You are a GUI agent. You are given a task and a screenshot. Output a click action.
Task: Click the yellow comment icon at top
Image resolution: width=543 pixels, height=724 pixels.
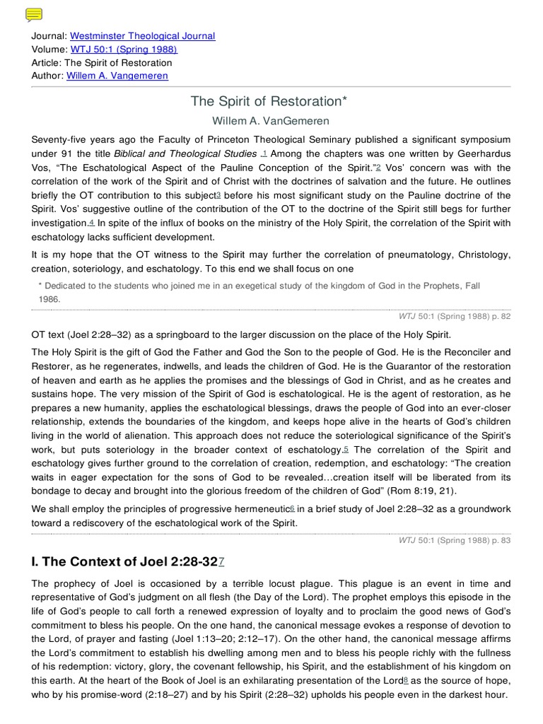(x=33, y=15)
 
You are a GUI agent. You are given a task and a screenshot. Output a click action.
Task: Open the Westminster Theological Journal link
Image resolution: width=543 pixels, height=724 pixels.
(x=142, y=36)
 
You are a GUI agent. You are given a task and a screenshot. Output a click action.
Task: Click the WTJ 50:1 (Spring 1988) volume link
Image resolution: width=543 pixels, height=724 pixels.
(x=123, y=49)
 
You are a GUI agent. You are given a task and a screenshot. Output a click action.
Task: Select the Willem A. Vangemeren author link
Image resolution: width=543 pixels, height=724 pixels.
(x=117, y=76)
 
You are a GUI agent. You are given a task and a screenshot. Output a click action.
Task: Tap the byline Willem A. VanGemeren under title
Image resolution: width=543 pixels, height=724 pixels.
(x=271, y=122)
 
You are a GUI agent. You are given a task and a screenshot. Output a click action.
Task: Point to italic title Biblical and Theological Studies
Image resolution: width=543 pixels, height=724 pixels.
(x=185, y=154)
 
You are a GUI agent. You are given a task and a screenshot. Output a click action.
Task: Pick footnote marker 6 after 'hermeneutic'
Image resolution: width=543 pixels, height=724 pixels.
(x=292, y=509)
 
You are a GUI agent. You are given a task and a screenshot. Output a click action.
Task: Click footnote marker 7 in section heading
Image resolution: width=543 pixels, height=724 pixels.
(x=221, y=562)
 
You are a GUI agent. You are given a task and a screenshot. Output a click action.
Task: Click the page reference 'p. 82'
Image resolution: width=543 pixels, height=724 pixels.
(x=500, y=317)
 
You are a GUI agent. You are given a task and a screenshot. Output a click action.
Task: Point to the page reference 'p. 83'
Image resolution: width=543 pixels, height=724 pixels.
(x=500, y=541)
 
